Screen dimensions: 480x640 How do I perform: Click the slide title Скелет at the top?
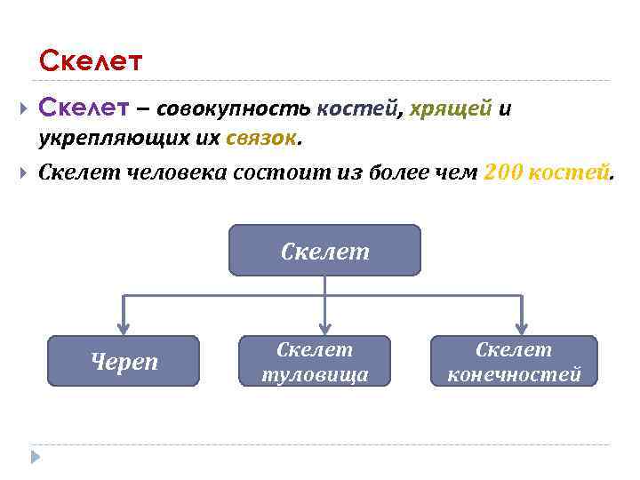(x=91, y=61)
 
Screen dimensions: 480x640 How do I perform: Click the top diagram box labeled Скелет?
(x=324, y=251)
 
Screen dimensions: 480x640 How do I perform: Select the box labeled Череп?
(x=124, y=361)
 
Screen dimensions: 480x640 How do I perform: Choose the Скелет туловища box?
(x=315, y=361)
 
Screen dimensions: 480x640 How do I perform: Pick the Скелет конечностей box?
(x=514, y=361)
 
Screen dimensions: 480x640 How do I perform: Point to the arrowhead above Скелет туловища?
(x=325, y=327)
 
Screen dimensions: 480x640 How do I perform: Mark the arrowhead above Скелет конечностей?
(x=522, y=327)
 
